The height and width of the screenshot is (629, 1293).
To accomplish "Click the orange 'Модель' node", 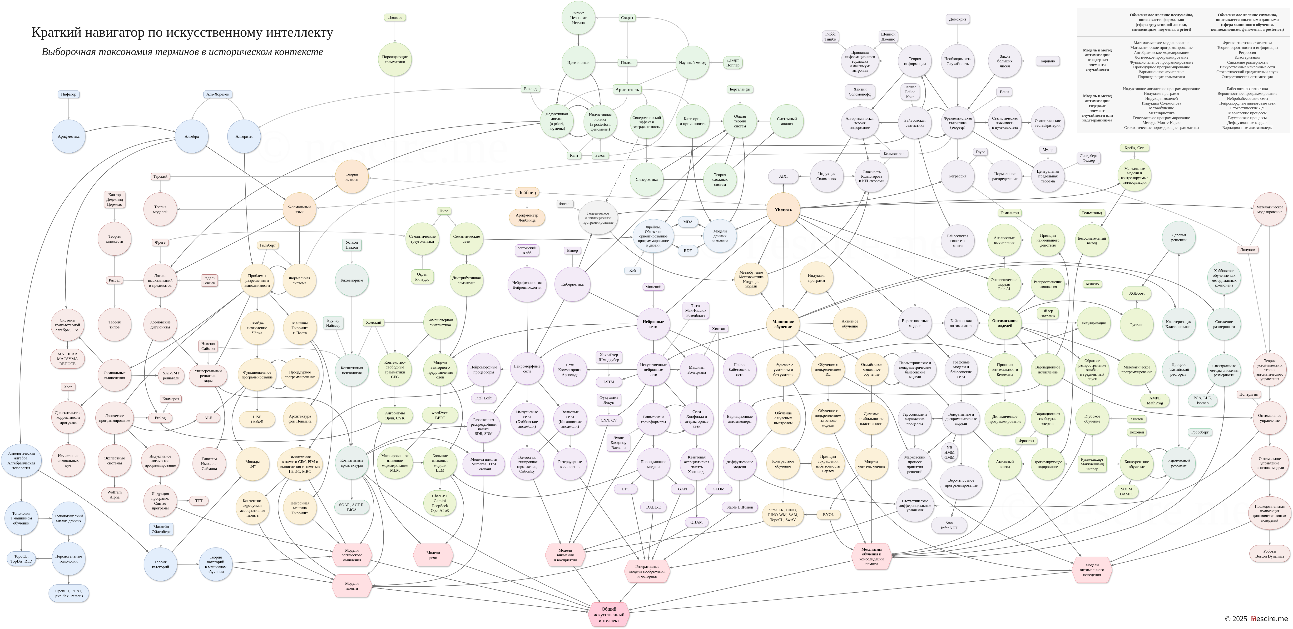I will click(783, 210).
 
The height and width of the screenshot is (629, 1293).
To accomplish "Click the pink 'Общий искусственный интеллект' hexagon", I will click(609, 614).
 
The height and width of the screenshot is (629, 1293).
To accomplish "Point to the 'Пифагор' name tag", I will click(69, 95).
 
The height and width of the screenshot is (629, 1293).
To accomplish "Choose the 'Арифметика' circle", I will click(69, 136).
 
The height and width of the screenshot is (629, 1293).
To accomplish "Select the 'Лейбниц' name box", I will click(526, 192).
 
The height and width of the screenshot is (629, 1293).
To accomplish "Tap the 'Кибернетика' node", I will click(572, 284).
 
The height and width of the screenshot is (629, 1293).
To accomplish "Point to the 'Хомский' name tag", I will click(373, 322).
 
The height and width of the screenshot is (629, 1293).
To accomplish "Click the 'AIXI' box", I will click(783, 176).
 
